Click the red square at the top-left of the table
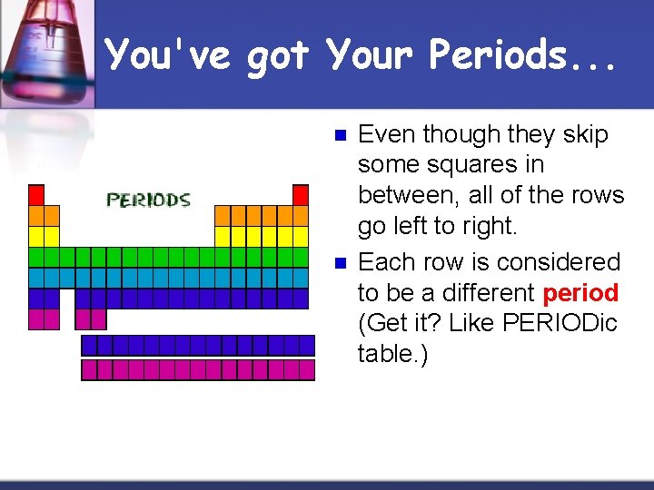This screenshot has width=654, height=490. pos(36,195)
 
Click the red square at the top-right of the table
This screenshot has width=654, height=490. pos(301,195)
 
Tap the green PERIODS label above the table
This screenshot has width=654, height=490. pos(148,200)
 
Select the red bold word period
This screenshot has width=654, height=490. pos(580,293)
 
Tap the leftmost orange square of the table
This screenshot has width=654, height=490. pos(36,216)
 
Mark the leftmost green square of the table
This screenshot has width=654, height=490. pos(36,258)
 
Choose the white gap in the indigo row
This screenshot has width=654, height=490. pos(67,299)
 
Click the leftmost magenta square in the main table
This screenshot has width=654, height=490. pos(36,319)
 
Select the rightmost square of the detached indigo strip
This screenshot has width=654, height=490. pos(306,345)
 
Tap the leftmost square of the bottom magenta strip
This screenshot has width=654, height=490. pos(89,369)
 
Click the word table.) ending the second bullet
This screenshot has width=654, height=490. pos(391,354)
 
